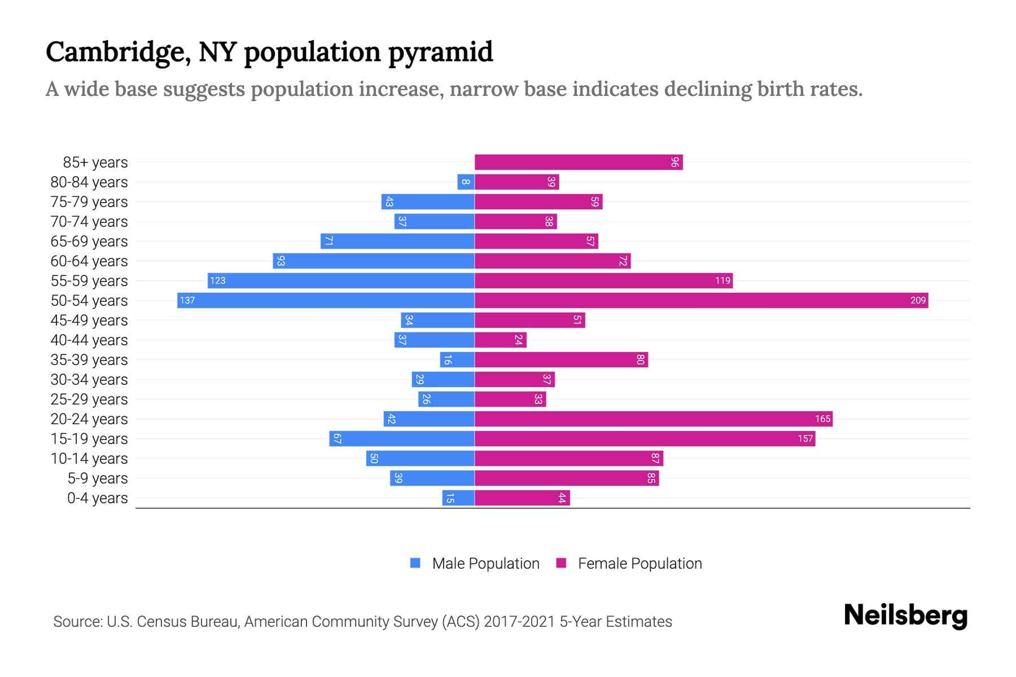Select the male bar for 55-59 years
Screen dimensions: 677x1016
(x=341, y=280)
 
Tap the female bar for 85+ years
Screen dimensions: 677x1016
(x=578, y=162)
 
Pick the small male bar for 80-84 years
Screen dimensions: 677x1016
(x=466, y=182)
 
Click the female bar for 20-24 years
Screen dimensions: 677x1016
(x=653, y=419)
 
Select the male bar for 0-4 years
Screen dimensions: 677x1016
(x=458, y=498)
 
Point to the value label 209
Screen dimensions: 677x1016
(x=918, y=300)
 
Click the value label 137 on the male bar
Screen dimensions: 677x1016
(x=187, y=300)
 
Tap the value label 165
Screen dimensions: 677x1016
(x=822, y=419)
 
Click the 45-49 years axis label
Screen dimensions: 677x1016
(x=89, y=320)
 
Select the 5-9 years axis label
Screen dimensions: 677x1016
(x=97, y=478)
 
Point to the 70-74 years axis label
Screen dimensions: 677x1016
(x=89, y=222)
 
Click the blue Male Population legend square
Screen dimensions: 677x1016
(x=415, y=563)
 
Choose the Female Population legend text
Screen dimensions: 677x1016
(x=640, y=563)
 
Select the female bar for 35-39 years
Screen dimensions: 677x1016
(x=561, y=359)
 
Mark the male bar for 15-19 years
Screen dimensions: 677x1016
(x=402, y=438)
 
